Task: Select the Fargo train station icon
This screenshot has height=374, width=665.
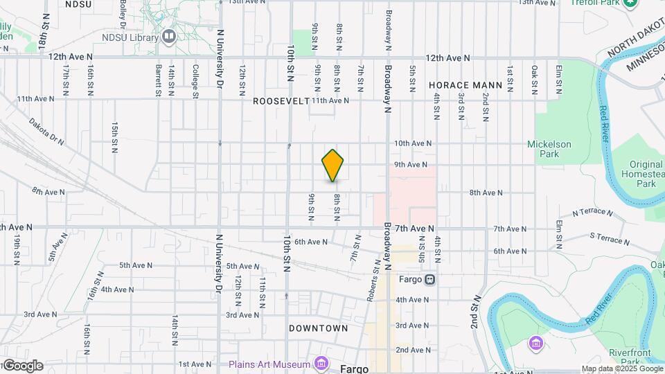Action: pyautogui.click(x=430, y=280)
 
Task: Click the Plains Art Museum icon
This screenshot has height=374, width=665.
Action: pyautogui.click(x=320, y=364)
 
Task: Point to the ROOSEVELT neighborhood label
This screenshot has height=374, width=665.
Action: pyautogui.click(x=280, y=101)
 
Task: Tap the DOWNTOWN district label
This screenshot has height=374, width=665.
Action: pyautogui.click(x=318, y=328)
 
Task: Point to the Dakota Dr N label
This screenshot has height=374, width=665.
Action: pyautogui.click(x=46, y=131)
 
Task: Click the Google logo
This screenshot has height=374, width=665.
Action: pyautogui.click(x=22, y=366)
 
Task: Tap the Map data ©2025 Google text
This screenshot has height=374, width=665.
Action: pyautogui.click(x=621, y=369)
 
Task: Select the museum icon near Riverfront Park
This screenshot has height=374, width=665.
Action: pyautogui.click(x=534, y=343)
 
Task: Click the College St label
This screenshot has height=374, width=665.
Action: pyautogui.click(x=196, y=79)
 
